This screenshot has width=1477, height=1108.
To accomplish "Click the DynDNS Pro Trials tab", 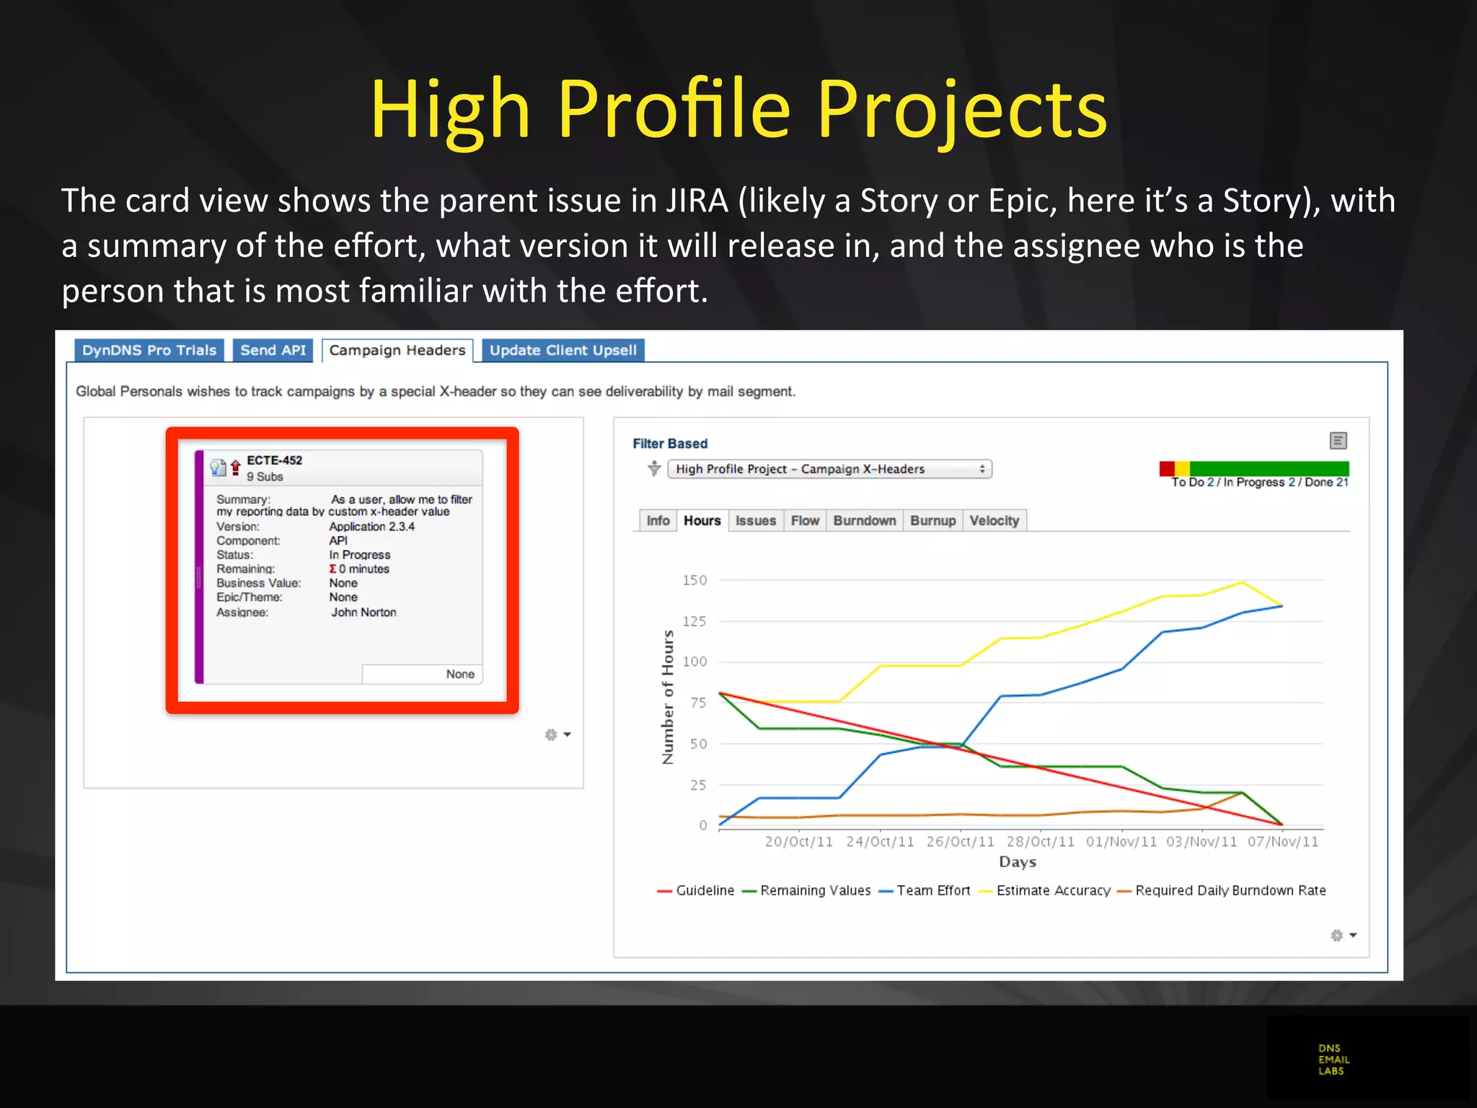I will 149,351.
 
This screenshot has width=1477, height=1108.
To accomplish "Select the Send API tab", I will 273,351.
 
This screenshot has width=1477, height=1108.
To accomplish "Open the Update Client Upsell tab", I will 563,351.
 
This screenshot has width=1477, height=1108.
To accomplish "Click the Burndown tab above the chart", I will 864,521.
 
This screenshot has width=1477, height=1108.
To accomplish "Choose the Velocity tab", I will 994,521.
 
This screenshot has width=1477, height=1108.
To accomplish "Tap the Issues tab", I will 755,521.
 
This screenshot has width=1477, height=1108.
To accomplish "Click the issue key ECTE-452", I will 274,460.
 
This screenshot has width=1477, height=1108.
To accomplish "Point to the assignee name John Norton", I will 363,612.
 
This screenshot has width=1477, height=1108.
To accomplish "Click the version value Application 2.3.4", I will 371,527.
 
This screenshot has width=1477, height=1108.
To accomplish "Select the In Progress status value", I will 359,555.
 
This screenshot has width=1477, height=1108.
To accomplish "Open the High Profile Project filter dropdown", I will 829,469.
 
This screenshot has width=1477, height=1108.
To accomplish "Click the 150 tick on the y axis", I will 695,580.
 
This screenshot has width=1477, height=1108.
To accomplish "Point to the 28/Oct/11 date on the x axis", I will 1040,842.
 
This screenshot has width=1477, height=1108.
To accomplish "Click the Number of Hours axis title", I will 668,697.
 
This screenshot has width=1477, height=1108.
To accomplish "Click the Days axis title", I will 1017,862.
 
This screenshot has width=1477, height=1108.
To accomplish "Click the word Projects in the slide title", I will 961,110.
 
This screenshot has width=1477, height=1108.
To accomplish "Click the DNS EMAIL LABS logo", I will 1333,1060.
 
